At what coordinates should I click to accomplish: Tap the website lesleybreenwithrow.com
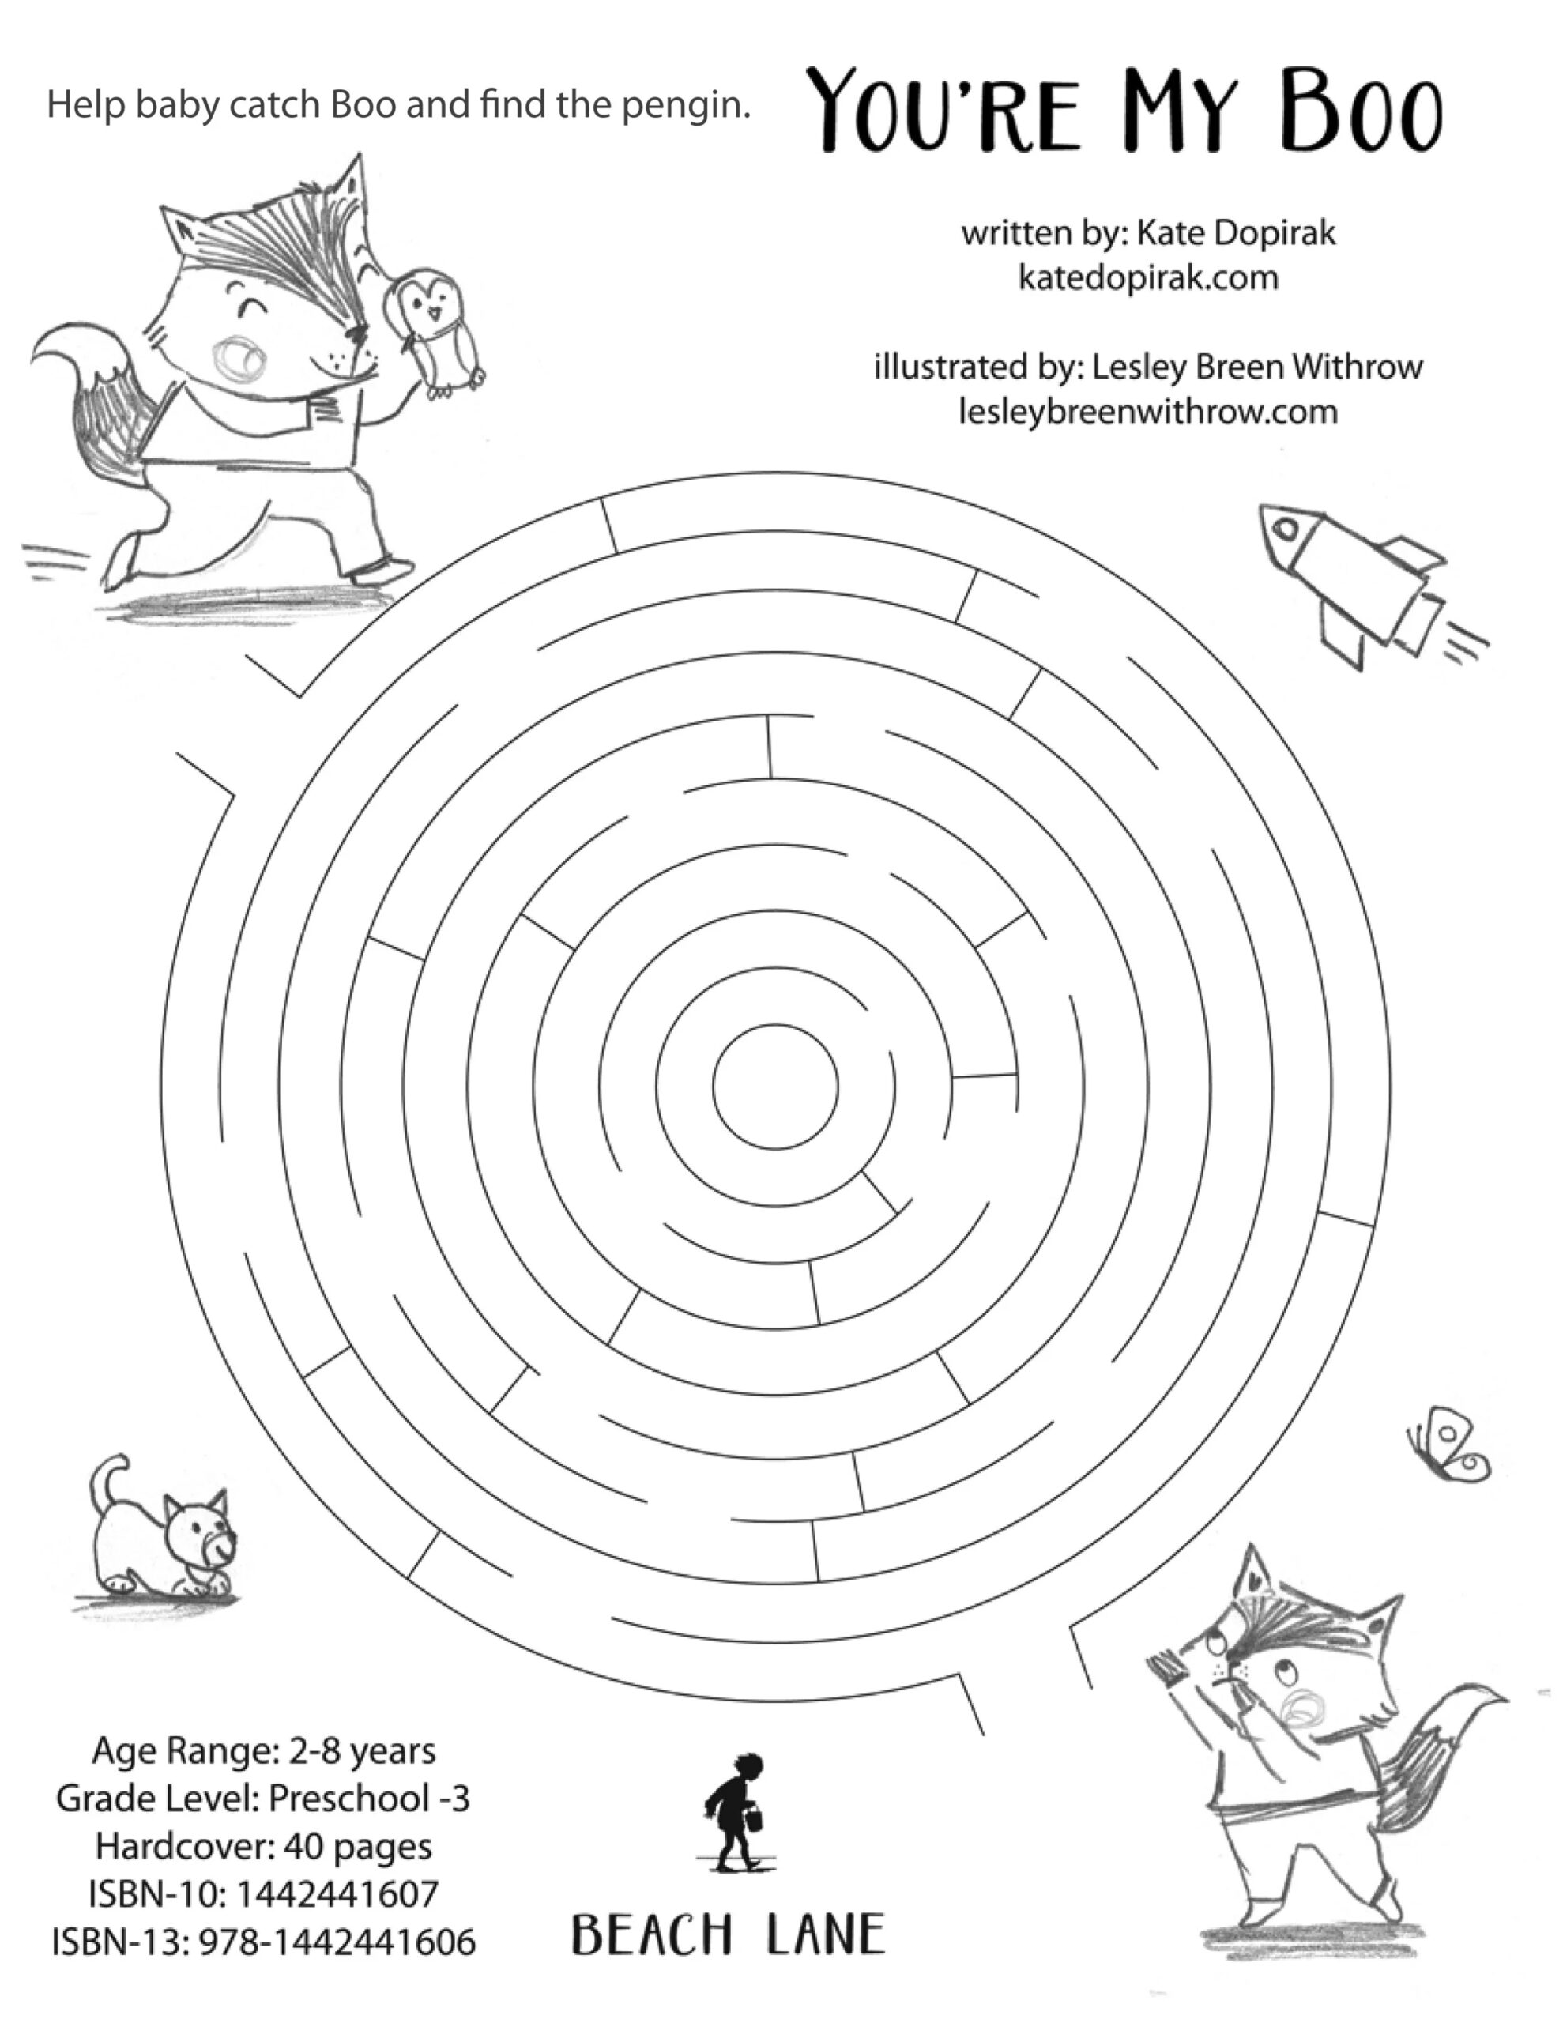1148,410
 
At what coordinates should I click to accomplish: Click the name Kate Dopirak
1236,232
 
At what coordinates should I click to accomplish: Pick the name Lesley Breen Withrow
1257,367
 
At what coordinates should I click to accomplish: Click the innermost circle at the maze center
775,1087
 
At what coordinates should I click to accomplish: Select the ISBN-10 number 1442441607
337,1893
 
